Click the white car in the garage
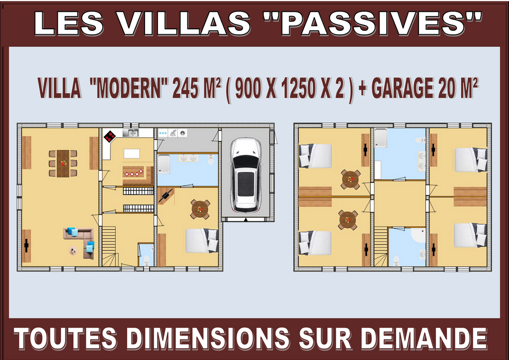(x=246, y=175)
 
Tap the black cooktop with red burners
(x=110, y=136)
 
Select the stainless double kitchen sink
(x=131, y=132)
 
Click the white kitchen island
(x=132, y=154)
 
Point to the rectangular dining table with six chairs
(x=63, y=163)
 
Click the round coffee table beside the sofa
(x=73, y=251)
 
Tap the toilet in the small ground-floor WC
(x=147, y=260)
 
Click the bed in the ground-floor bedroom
(x=202, y=241)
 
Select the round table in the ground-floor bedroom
(x=200, y=209)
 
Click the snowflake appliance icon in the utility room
(x=163, y=133)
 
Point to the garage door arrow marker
(x=246, y=220)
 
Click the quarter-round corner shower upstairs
(x=418, y=235)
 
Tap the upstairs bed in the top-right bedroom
(x=471, y=160)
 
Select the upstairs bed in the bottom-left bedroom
(x=315, y=243)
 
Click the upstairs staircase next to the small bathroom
(x=381, y=247)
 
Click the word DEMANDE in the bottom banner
(x=424, y=339)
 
